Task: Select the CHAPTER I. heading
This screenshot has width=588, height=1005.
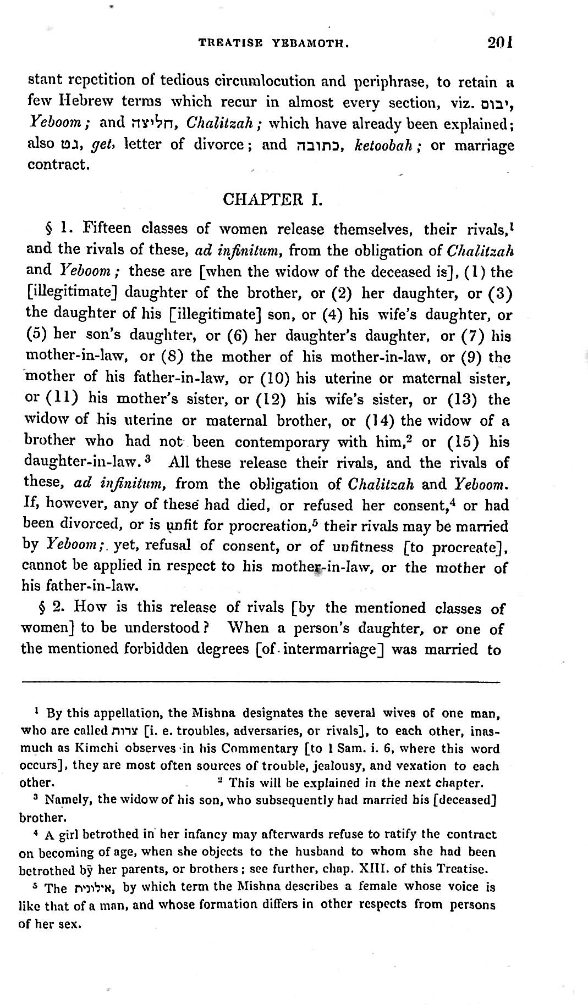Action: coord(272,199)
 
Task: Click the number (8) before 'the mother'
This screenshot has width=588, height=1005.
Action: coord(172,357)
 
